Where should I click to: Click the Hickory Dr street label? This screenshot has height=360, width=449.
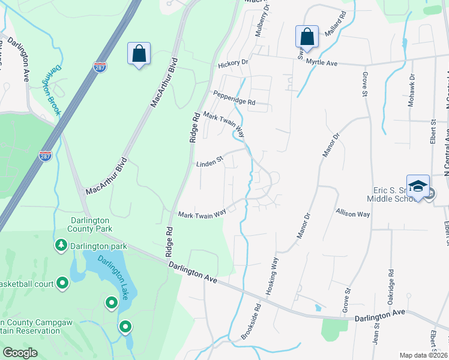(x=234, y=62)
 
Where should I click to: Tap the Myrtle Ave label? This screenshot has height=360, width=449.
(x=322, y=62)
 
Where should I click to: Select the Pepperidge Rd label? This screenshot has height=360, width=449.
(x=234, y=98)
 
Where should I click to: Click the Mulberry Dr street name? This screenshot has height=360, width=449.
(x=260, y=22)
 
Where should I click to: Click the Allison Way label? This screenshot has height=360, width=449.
(x=353, y=214)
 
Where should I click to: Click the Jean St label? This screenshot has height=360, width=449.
(x=377, y=335)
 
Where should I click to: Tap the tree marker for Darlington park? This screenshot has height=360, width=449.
(x=61, y=245)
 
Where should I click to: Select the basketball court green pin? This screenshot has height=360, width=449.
(x=62, y=283)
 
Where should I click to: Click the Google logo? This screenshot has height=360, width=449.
(x=20, y=353)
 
